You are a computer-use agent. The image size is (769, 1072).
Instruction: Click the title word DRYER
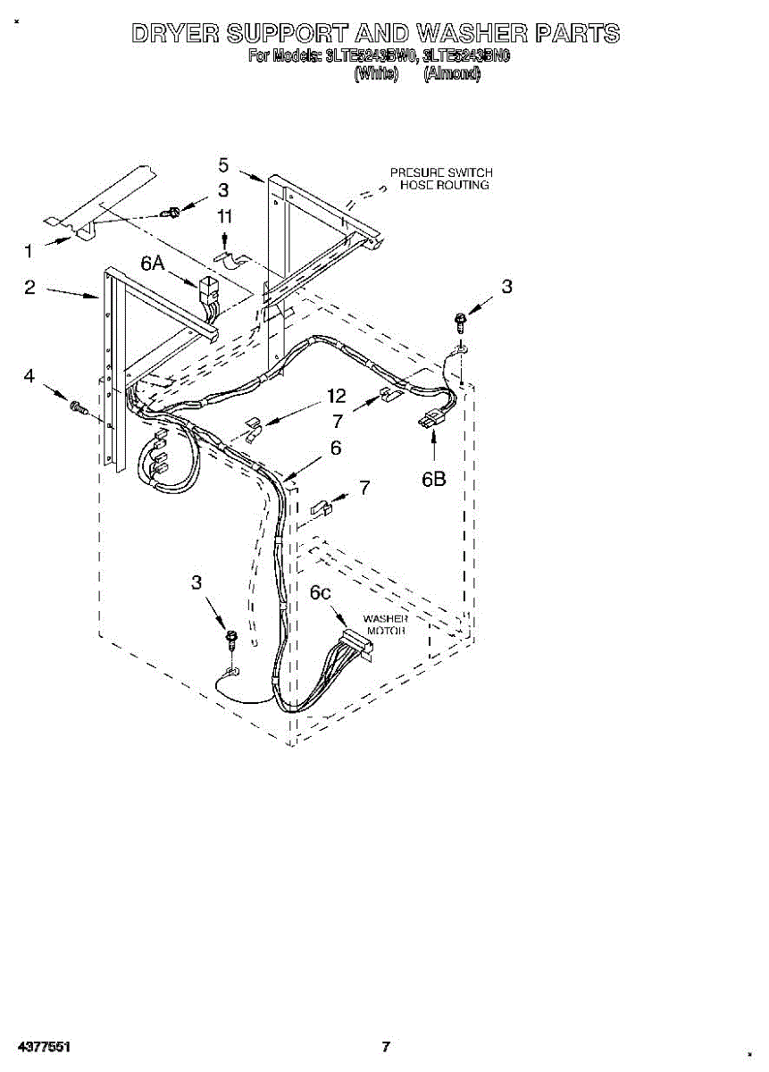[x=174, y=34]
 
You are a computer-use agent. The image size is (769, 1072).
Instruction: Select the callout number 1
[x=30, y=251]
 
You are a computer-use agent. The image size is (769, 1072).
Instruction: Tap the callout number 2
[x=30, y=288]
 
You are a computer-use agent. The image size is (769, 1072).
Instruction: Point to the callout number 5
[x=223, y=164]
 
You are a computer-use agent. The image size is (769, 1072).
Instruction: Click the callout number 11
[x=224, y=217]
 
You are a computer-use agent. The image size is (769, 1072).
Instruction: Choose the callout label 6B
[x=434, y=480]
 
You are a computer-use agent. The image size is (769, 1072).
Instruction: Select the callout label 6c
[x=322, y=591]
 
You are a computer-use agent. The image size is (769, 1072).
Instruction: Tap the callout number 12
[x=336, y=396]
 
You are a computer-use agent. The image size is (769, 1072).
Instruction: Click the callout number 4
[x=30, y=376]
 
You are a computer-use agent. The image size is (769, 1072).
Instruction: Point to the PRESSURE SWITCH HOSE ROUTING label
[x=441, y=179]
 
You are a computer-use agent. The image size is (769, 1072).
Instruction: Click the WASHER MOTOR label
[x=386, y=624]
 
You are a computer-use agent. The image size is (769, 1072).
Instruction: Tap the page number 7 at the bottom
[x=386, y=1046]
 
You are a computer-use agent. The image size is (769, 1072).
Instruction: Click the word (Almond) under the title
[x=452, y=75]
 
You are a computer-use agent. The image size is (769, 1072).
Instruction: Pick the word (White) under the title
[x=375, y=75]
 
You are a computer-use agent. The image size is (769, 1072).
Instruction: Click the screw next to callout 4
[x=78, y=408]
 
